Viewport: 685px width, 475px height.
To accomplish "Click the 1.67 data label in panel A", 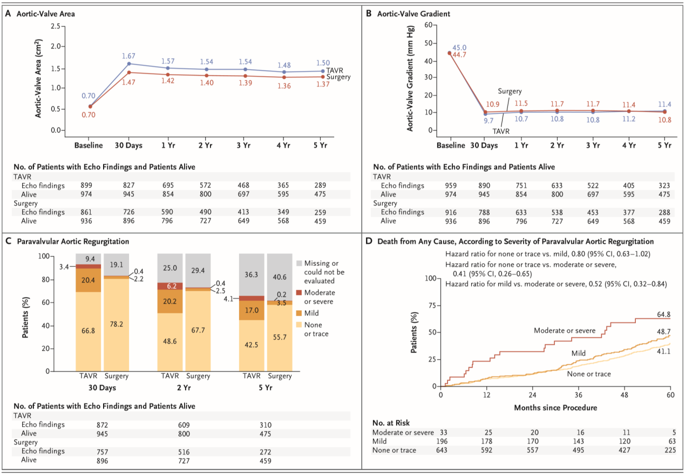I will [128, 56].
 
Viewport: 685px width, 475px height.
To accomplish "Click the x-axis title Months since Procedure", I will [555, 407].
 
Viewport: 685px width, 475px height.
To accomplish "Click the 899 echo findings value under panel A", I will [88, 185].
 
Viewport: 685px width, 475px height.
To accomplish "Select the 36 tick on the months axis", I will [579, 394].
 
